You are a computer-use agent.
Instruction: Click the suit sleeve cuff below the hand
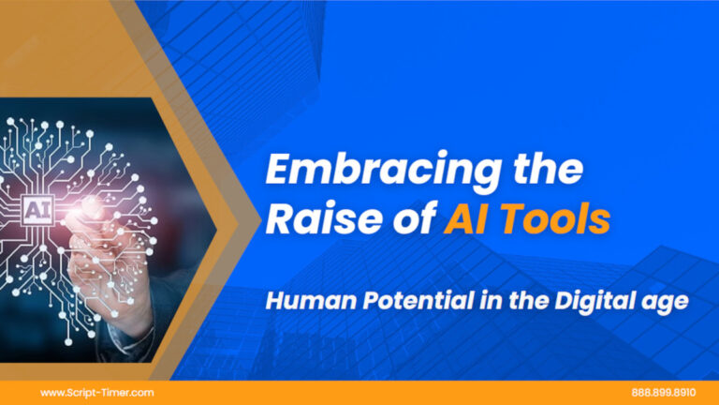click(x=126, y=328)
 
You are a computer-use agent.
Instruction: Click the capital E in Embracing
click(x=279, y=172)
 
